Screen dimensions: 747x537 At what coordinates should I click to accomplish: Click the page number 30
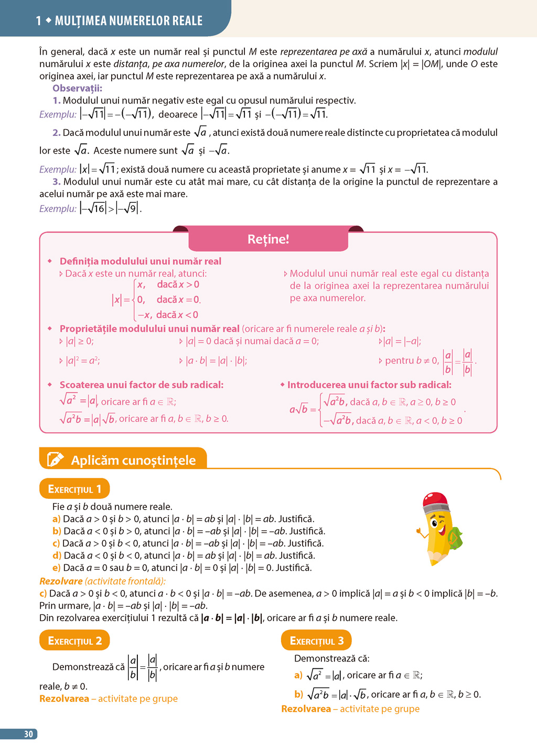(x=28, y=734)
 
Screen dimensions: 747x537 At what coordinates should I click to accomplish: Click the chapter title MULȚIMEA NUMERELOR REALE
(x=128, y=21)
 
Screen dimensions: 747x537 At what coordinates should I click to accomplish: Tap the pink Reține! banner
(x=268, y=239)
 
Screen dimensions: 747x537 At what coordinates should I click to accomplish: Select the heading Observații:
(x=77, y=88)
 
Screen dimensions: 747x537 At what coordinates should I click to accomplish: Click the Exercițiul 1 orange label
(x=74, y=489)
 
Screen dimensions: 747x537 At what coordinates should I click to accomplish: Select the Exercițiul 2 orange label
(x=74, y=641)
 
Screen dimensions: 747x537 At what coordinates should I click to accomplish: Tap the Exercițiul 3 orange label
(x=316, y=641)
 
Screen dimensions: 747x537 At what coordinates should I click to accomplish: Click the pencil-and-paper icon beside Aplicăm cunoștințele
(x=55, y=460)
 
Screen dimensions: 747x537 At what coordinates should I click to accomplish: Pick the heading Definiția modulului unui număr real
(x=140, y=261)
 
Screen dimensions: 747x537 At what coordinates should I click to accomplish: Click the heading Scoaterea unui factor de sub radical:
(x=141, y=385)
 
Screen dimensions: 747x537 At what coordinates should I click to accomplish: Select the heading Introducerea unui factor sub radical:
(x=369, y=385)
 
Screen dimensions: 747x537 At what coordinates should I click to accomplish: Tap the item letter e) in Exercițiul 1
(x=57, y=568)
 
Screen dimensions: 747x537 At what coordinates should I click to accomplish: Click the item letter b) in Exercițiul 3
(x=298, y=694)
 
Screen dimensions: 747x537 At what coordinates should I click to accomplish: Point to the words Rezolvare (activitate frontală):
(x=102, y=581)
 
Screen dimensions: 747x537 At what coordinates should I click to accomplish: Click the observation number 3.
(x=56, y=182)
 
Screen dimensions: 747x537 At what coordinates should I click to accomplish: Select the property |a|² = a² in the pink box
(x=83, y=361)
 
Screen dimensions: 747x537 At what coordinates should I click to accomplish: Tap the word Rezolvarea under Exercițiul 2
(x=64, y=698)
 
